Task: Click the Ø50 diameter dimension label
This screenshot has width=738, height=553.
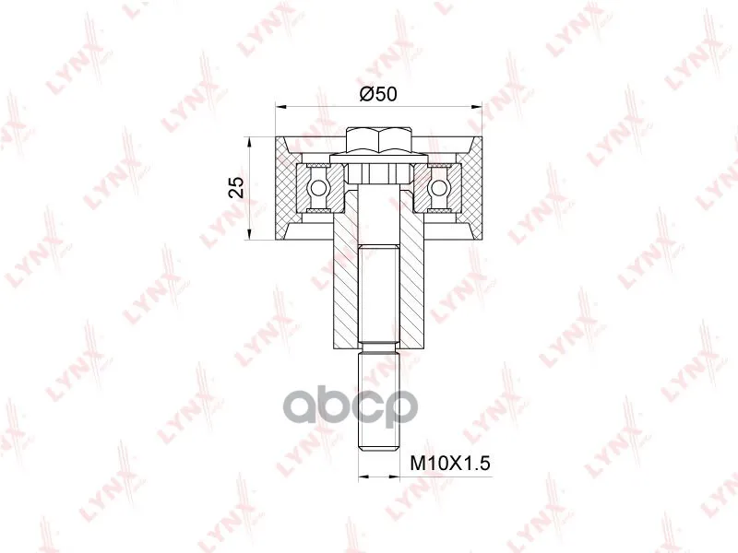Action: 378,95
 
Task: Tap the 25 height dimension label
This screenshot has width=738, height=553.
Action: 239,187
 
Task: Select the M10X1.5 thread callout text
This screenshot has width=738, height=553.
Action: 450,464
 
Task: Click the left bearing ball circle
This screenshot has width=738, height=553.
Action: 316,189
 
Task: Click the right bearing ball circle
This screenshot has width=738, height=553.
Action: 439,189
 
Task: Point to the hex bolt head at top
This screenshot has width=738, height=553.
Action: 379,140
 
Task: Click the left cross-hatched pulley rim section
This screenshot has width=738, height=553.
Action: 285,188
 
